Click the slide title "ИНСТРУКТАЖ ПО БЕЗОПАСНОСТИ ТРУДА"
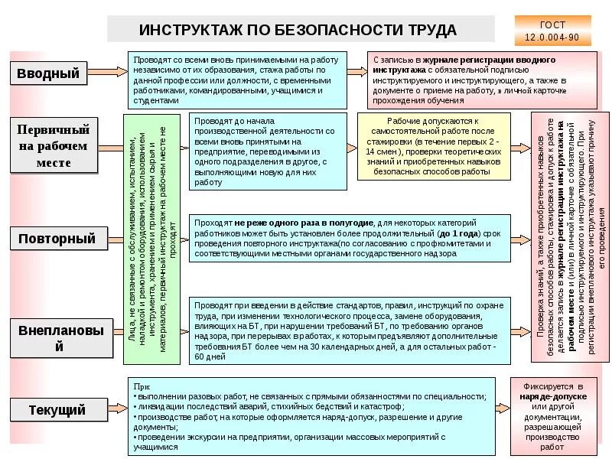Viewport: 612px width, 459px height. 298,29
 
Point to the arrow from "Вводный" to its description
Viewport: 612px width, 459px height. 114,73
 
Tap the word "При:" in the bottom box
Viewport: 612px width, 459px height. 142,387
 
